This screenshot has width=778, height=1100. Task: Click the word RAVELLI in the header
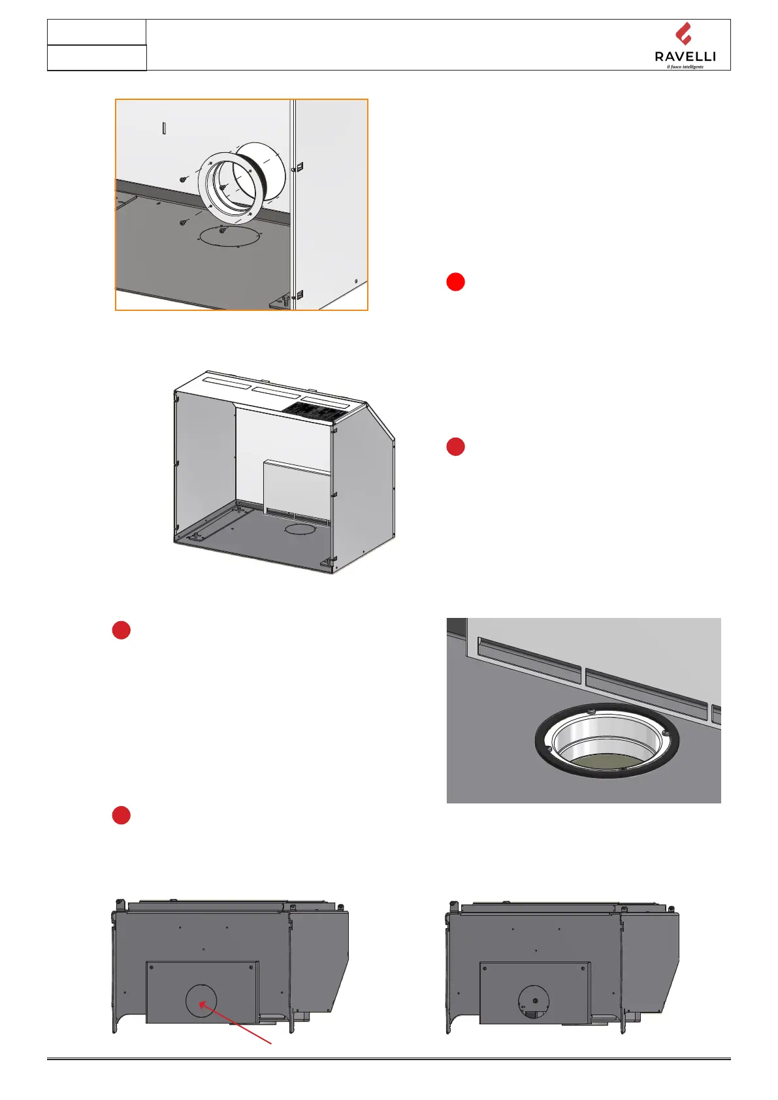(685, 57)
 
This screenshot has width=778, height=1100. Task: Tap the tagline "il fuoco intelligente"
(685, 67)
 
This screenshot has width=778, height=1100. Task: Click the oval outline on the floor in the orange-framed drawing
(229, 236)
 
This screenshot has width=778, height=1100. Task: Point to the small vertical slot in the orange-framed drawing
(164, 127)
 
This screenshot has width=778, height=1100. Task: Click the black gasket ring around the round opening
(606, 741)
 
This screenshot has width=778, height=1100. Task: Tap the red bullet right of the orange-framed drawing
(455, 282)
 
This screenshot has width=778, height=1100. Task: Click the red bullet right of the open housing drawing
(455, 447)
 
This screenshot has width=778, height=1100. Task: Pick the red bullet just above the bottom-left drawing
(121, 815)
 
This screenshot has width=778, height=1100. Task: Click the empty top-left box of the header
(97, 32)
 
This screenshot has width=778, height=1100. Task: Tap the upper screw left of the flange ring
(182, 178)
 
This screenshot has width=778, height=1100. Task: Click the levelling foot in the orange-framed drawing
(286, 300)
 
